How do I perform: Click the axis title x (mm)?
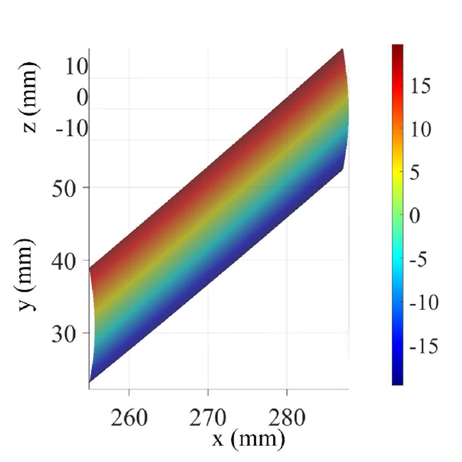pyautogui.click(x=248, y=439)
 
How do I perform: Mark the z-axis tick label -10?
pyautogui.click(x=72, y=128)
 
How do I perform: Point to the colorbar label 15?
pyautogui.click(x=424, y=87)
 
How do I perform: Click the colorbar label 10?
pyautogui.click(x=424, y=130)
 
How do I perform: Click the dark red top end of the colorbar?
pyautogui.click(x=397, y=47)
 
